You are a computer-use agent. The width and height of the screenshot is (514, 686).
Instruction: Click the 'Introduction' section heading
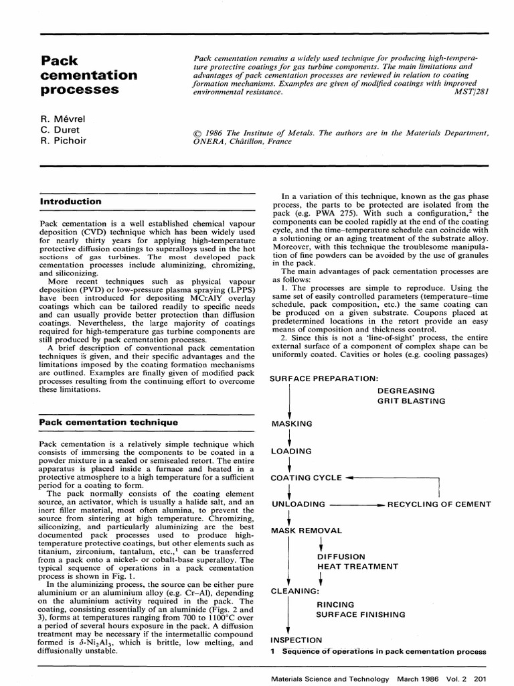click(71, 201)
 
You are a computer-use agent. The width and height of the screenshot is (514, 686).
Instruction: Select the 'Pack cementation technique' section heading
click(108, 422)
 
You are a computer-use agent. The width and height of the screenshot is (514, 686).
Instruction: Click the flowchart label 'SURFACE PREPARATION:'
click(324, 379)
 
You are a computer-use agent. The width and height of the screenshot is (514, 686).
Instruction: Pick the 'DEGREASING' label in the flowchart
click(406, 391)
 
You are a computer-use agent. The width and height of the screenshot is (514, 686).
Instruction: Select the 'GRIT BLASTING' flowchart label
click(411, 401)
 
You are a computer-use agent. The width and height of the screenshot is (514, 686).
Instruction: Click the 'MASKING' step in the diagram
click(292, 424)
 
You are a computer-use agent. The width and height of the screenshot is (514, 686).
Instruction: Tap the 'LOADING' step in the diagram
click(291, 451)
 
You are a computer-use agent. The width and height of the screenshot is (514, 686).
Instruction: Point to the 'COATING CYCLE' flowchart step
click(306, 478)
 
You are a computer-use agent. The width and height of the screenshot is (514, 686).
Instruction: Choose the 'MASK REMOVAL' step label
click(306, 531)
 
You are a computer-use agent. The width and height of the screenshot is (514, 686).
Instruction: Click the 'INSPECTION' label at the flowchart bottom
click(296, 640)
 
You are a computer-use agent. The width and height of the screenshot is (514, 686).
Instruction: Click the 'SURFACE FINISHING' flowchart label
click(361, 614)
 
